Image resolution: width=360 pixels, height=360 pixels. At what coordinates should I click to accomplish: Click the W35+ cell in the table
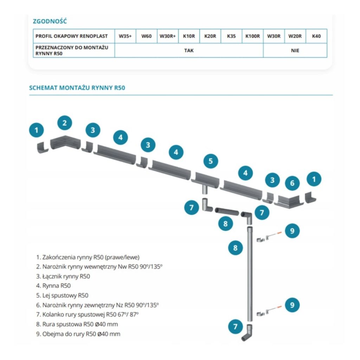coord(125,36)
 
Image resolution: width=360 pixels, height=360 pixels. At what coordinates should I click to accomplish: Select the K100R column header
coord(252,36)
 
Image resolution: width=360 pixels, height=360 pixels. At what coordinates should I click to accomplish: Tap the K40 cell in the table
coord(316,36)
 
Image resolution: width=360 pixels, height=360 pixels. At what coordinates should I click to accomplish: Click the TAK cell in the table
coord(189,50)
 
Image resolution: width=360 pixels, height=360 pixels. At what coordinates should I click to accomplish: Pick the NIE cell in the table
coord(295,50)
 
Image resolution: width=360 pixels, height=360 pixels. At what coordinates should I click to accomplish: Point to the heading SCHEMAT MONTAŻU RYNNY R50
coord(77,88)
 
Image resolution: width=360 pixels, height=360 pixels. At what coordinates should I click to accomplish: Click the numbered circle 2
coord(65,123)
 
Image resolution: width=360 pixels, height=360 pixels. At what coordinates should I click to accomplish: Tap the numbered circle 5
coord(211,161)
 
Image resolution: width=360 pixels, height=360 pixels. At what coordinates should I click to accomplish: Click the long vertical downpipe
coord(250,274)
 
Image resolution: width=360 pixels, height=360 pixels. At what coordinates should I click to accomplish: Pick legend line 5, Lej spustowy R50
coord(62,295)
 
